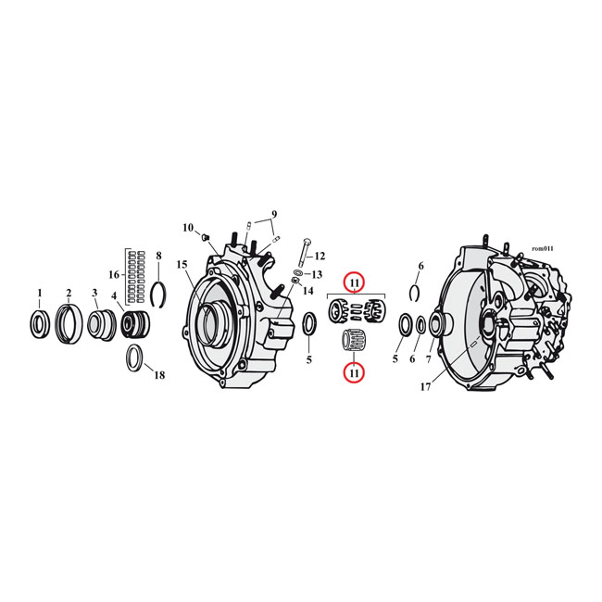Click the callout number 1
[x=39, y=294]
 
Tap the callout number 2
[x=69, y=294]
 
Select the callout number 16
[x=114, y=275]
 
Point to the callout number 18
[x=159, y=375]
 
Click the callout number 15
[x=182, y=265]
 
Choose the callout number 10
[x=187, y=228]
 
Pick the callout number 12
[x=320, y=256]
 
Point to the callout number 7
[x=429, y=358]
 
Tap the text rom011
[x=542, y=248]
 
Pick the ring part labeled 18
[x=134, y=357]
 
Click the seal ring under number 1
[x=39, y=325]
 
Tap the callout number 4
[x=115, y=296]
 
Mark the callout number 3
[x=94, y=294]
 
